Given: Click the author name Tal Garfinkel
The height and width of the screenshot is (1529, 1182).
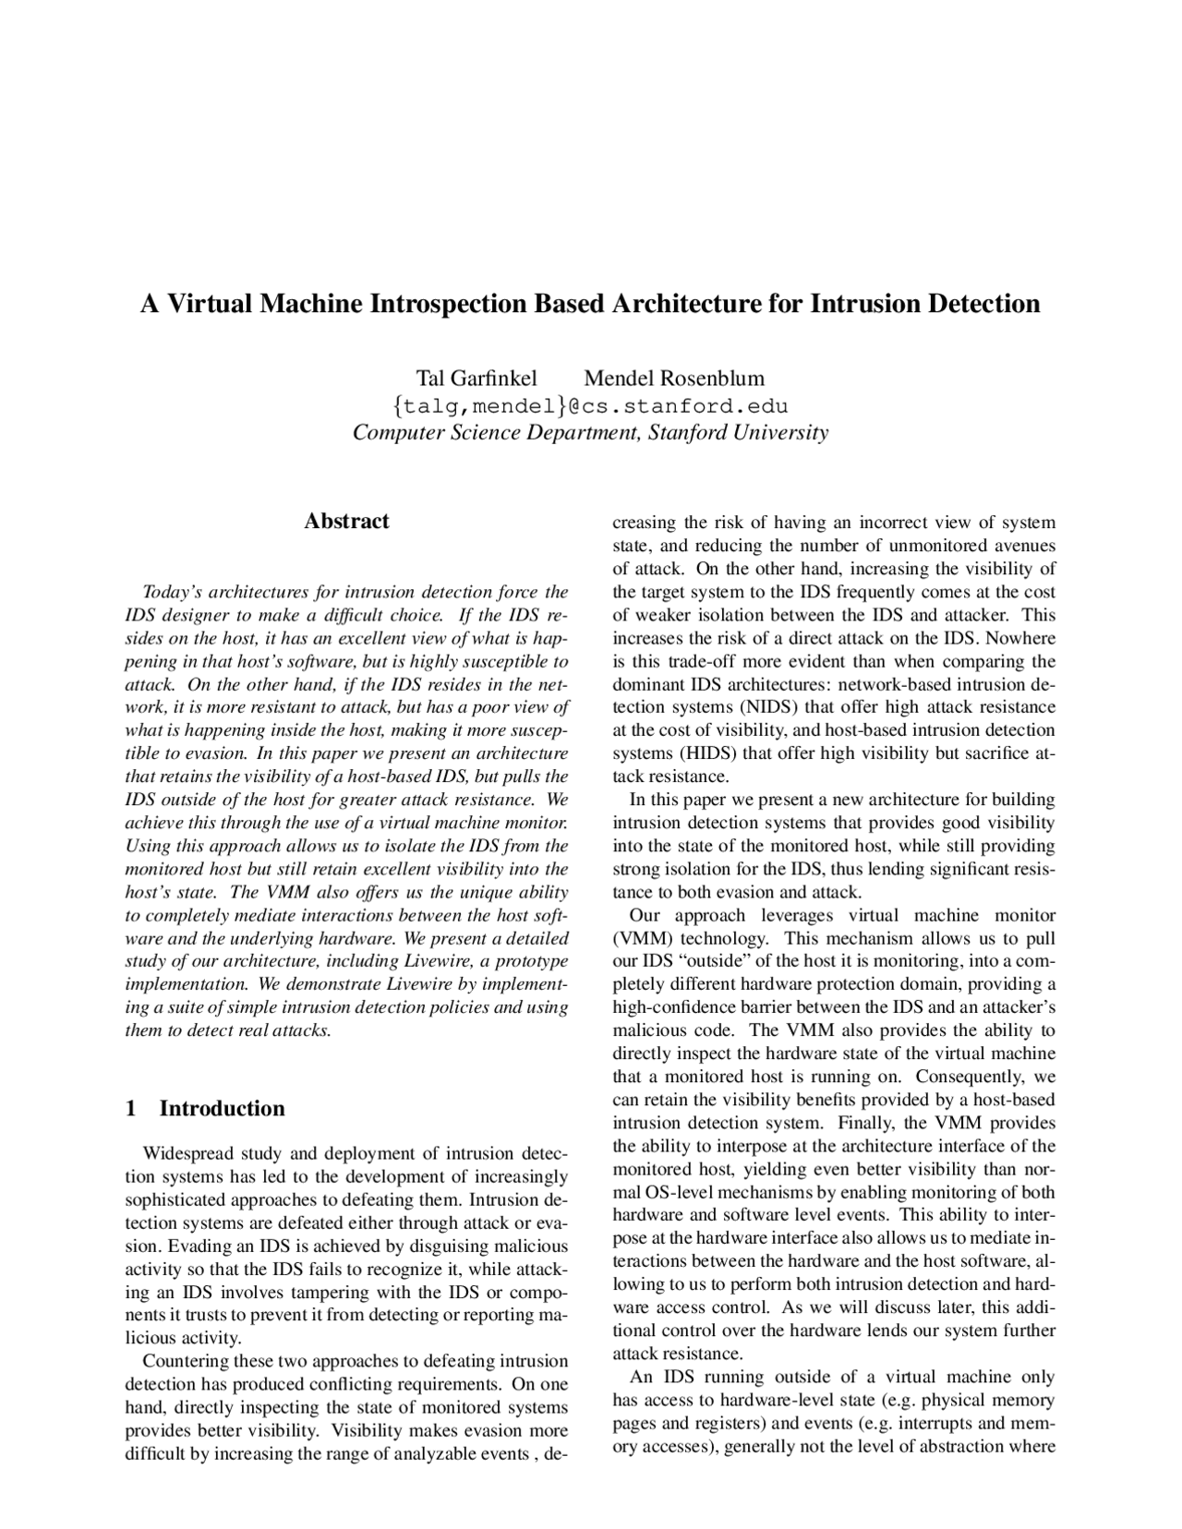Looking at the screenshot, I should (x=476, y=379).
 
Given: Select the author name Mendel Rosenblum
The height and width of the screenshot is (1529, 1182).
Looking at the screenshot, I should (x=674, y=379).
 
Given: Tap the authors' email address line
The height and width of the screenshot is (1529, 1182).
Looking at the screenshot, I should (x=590, y=406).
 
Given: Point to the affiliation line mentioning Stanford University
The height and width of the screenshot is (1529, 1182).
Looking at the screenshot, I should (x=590, y=432).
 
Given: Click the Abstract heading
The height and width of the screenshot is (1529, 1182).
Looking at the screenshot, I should (x=346, y=522).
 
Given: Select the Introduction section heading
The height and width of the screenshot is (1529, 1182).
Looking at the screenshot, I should (x=222, y=1109).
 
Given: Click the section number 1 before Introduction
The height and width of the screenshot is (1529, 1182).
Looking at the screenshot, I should (x=131, y=1109).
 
